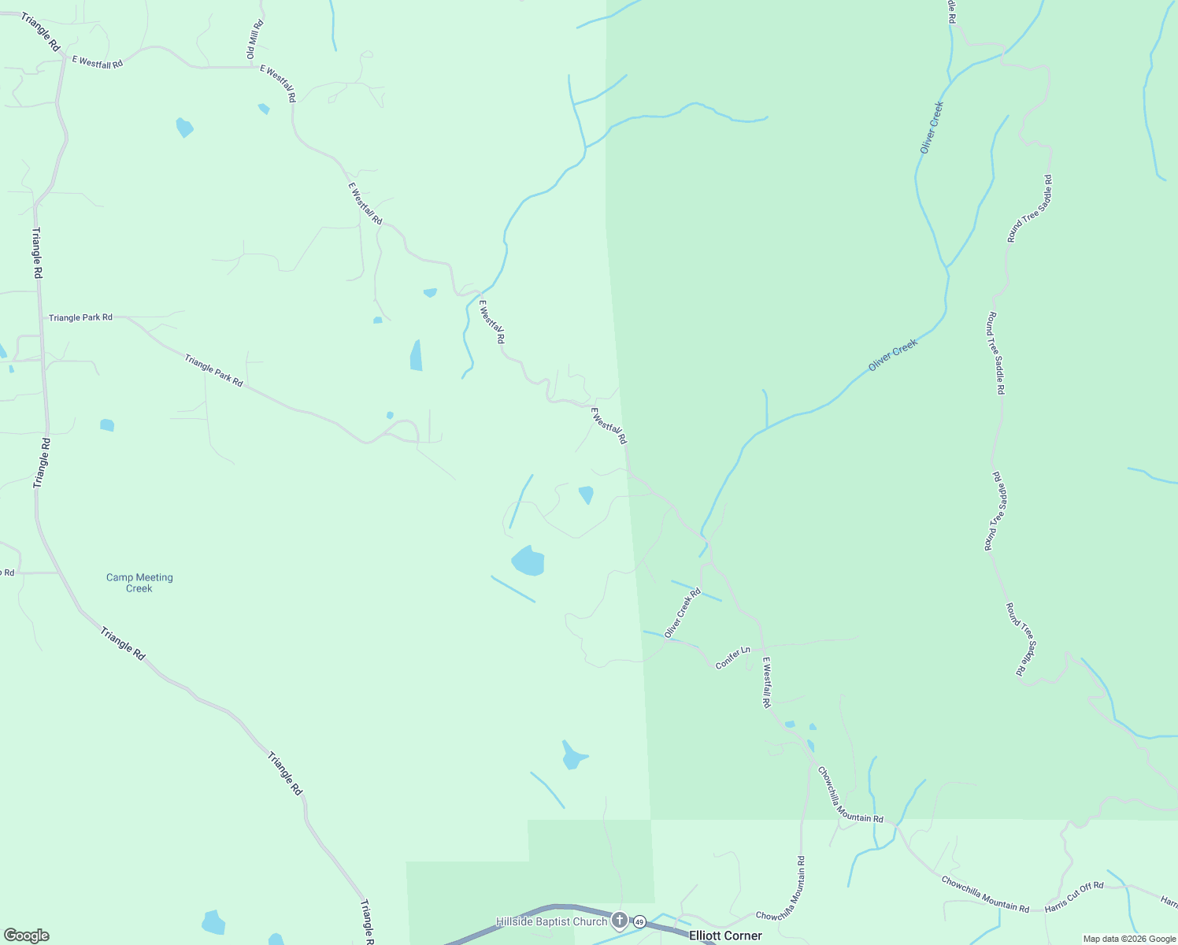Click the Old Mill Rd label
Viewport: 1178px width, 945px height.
pos(254,39)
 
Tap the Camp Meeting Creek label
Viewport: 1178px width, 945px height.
pos(139,583)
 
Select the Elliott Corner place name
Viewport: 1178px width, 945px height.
pos(725,936)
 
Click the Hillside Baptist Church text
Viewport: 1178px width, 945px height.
pos(551,921)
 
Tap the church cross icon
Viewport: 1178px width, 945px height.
pos(620,920)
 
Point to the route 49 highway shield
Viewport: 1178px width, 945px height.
pos(639,921)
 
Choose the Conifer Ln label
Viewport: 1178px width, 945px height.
pos(732,658)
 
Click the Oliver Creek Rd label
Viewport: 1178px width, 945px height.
pos(682,613)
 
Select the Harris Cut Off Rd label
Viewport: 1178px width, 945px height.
pos(1074,897)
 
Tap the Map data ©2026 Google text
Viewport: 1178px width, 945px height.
pos(1129,939)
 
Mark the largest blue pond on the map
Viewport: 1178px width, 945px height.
pos(528,561)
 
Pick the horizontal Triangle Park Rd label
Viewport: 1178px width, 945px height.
pos(80,317)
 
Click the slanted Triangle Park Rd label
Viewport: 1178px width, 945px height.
pos(213,370)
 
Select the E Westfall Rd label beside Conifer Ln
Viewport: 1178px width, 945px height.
pos(766,682)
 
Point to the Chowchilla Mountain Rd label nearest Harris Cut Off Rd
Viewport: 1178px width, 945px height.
pos(985,894)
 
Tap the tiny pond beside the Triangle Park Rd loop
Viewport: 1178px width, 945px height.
pos(390,415)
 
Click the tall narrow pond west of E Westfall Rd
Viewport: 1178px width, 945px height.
pos(416,356)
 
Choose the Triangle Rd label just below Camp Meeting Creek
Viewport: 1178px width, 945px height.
pos(123,643)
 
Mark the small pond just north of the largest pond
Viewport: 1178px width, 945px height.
pos(586,495)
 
